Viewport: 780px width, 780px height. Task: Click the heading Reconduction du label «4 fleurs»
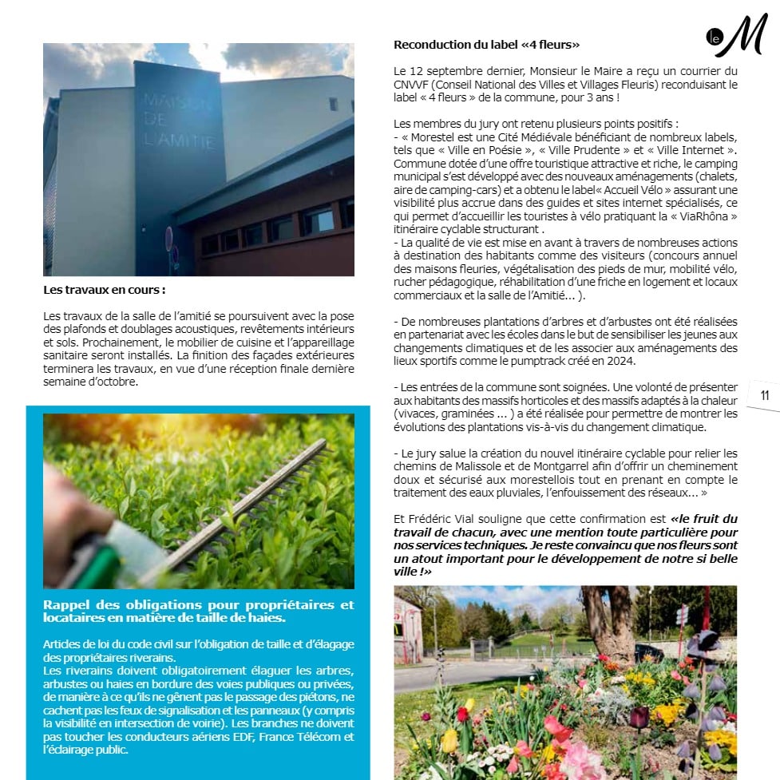[x=486, y=45]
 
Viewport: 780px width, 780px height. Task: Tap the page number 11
[x=764, y=395]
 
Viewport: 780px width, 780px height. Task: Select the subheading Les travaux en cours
[x=105, y=290]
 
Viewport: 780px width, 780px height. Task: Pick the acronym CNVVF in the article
[x=414, y=84]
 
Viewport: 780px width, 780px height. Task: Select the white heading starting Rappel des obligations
[x=199, y=612]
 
